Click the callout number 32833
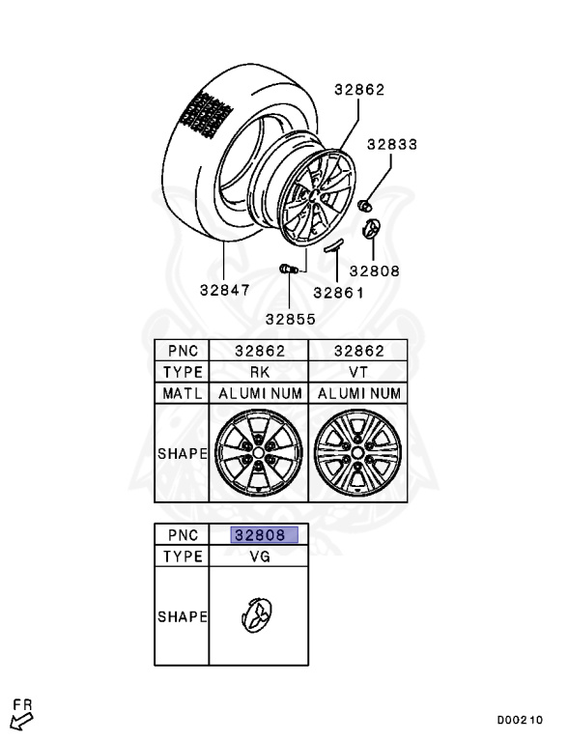click(x=392, y=144)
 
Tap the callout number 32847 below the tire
click(x=224, y=290)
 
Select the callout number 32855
click(x=290, y=320)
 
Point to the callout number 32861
click(x=338, y=293)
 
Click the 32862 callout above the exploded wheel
click(x=359, y=90)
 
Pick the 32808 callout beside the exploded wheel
click(x=375, y=271)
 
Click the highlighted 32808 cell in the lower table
click(x=265, y=535)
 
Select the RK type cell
click(x=260, y=372)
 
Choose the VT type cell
click(x=357, y=372)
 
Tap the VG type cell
click(x=260, y=556)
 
